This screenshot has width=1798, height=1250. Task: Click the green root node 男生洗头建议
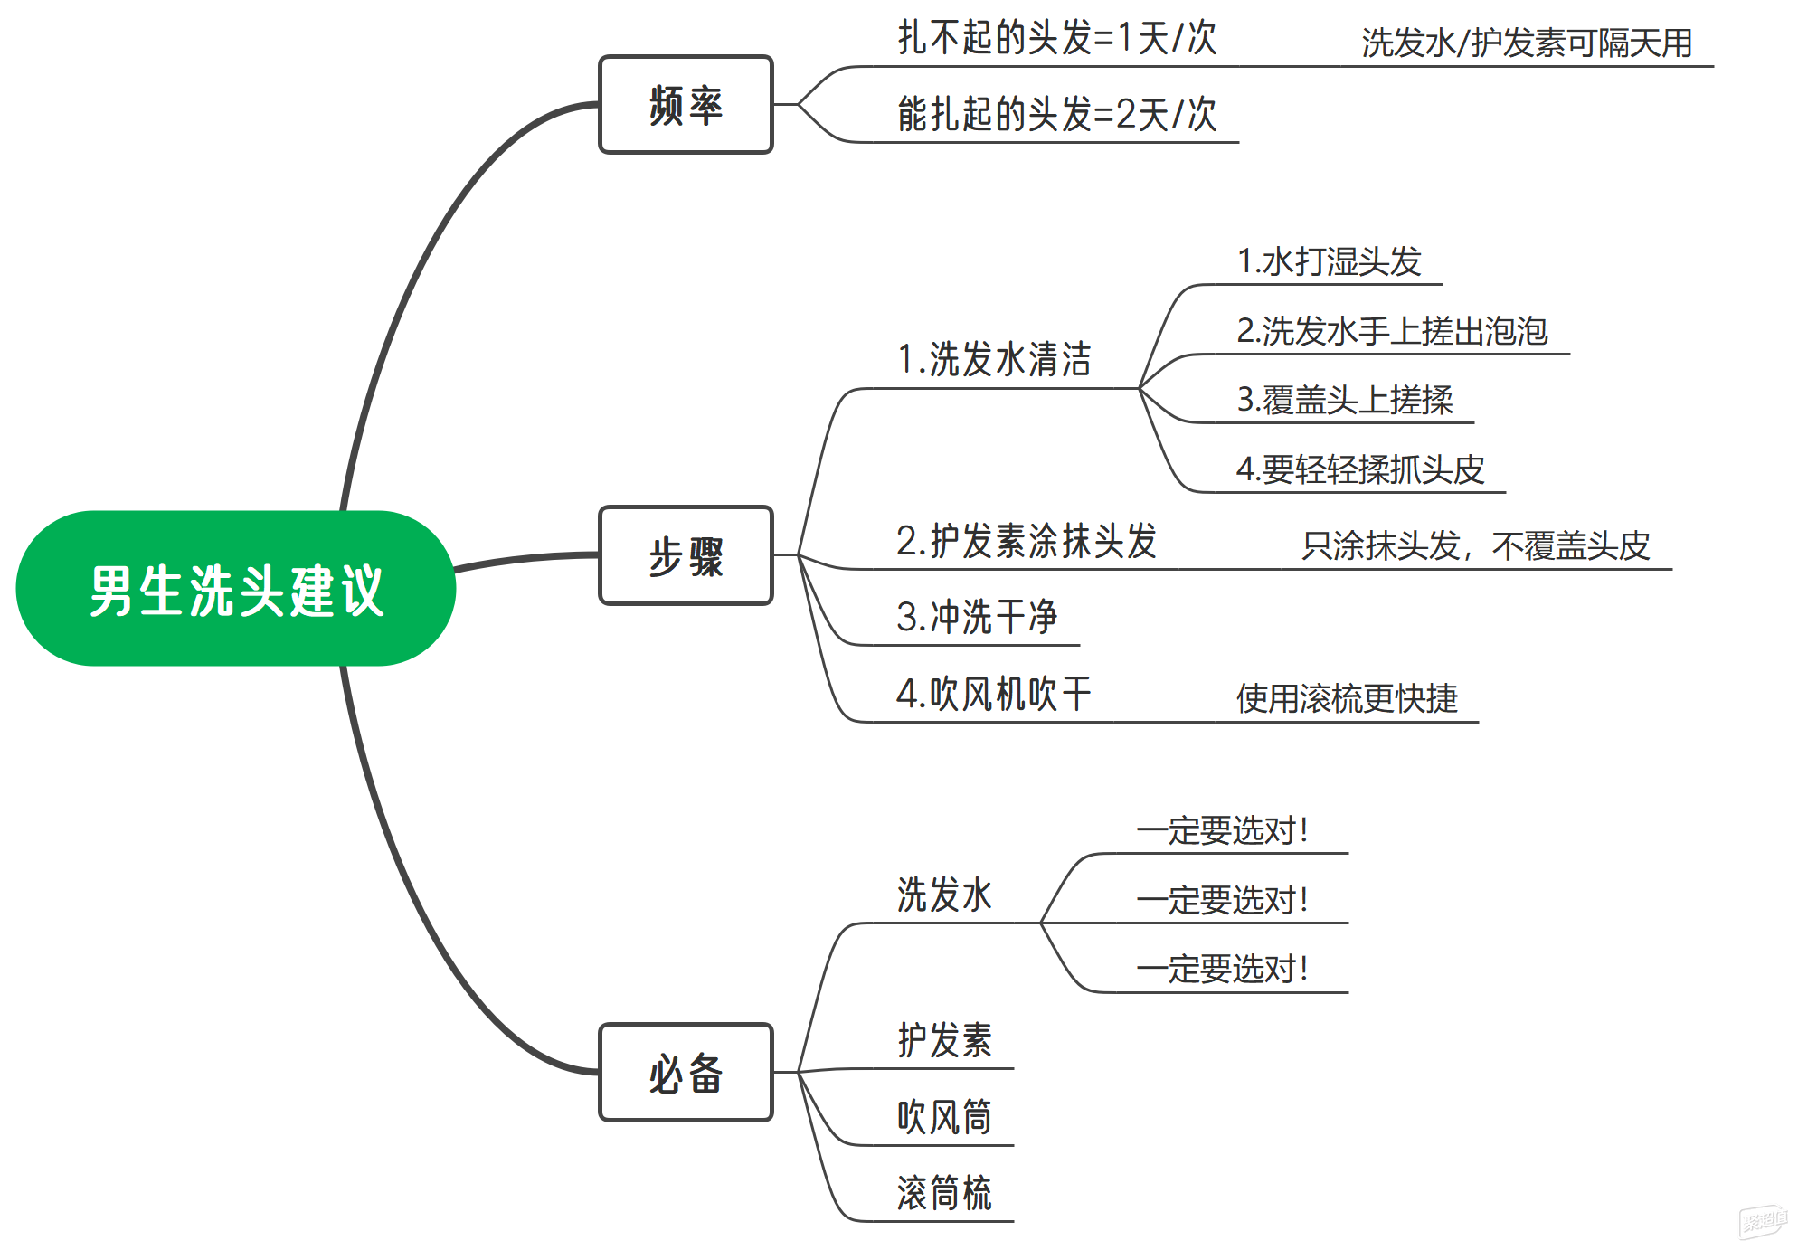click(x=236, y=589)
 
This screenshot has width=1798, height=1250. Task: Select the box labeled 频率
click(x=686, y=105)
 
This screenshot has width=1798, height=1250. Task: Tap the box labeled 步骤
click(x=686, y=555)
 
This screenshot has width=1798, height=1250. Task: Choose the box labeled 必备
click(x=686, y=1073)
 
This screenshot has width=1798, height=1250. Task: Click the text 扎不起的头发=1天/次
click(x=1056, y=39)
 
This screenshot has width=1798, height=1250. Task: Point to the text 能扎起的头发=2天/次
click(x=1056, y=115)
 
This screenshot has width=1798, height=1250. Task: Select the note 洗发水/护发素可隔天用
click(x=1527, y=43)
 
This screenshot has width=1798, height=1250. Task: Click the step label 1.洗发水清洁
click(x=994, y=359)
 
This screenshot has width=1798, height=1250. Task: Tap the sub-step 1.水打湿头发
click(x=1329, y=262)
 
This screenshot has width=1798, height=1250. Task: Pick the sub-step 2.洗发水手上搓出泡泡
click(x=1392, y=331)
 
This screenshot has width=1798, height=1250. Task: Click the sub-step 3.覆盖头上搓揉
click(x=1345, y=400)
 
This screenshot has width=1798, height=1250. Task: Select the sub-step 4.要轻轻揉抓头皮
click(x=1360, y=469)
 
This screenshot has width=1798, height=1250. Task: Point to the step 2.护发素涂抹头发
click(x=1027, y=541)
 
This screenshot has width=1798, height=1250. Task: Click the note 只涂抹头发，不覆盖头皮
click(x=1476, y=545)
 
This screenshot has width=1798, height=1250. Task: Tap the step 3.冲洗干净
click(x=977, y=617)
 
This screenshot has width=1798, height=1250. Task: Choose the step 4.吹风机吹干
click(x=993, y=694)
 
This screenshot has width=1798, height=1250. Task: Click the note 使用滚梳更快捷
click(x=1347, y=698)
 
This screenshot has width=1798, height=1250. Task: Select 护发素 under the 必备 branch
click(x=944, y=1040)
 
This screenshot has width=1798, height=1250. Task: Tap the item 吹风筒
click(x=944, y=1117)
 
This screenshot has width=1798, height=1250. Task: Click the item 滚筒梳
click(x=944, y=1193)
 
